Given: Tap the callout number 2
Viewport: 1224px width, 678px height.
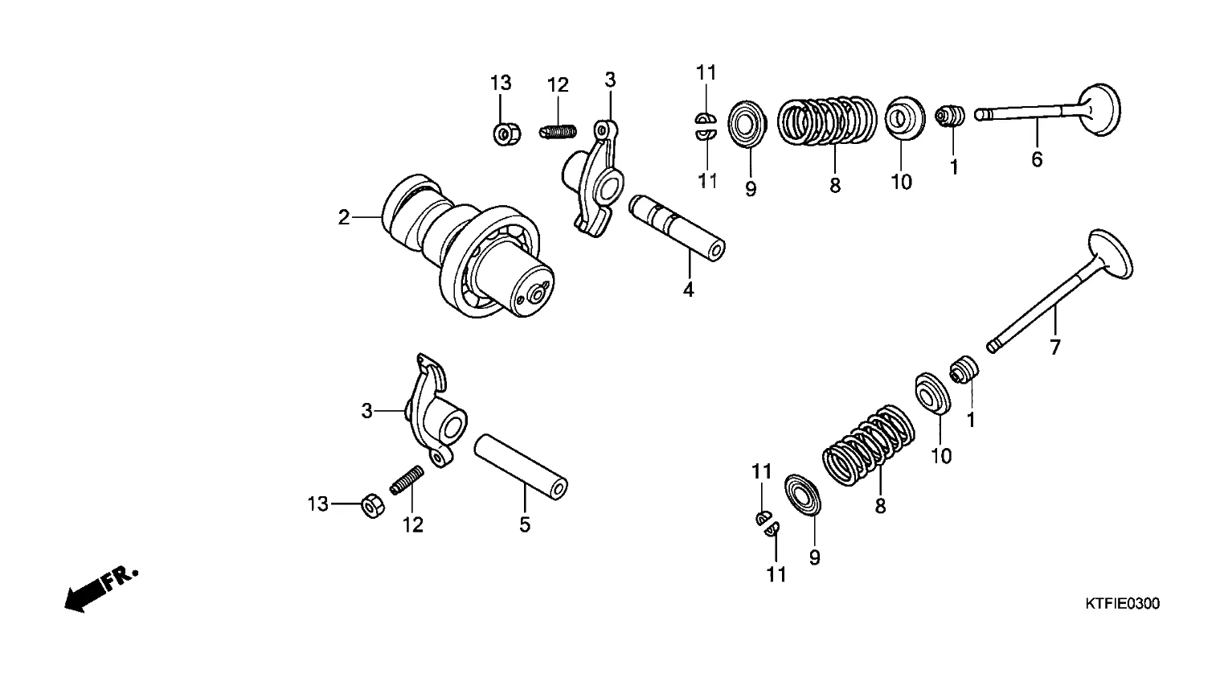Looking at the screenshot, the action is coord(343,218).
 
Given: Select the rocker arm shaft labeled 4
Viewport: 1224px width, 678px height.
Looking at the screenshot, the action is coord(677,228).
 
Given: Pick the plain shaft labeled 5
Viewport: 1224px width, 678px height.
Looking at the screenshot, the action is coord(521,466).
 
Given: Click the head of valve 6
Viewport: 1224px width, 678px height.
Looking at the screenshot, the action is coord(1099,109).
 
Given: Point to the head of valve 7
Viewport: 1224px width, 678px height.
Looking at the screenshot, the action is coord(1111,255).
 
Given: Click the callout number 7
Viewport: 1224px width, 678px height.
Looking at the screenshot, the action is coord(1055,347).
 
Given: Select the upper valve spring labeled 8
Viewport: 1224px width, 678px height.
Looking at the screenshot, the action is coord(827,121).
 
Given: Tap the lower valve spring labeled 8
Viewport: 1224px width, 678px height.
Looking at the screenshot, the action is coord(869,446).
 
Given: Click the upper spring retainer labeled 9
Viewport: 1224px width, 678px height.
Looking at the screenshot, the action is coord(747,124).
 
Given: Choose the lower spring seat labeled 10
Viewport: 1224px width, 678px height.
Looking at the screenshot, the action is coord(933,392).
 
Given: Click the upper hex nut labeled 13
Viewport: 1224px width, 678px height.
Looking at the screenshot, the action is coord(506,134).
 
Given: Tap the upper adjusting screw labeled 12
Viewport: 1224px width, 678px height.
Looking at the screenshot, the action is coord(558,132).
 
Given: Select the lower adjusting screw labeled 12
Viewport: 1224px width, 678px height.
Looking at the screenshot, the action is coord(407,480).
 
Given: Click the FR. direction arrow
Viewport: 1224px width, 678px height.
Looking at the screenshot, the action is coord(101,590).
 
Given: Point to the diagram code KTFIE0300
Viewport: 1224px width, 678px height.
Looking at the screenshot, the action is coord(1122,604).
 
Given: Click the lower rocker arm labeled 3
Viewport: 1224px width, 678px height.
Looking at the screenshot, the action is coord(436,411).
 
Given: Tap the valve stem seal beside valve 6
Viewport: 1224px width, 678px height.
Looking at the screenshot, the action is coord(950,116).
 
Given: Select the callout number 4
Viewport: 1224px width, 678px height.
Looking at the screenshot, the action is coord(688,290).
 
